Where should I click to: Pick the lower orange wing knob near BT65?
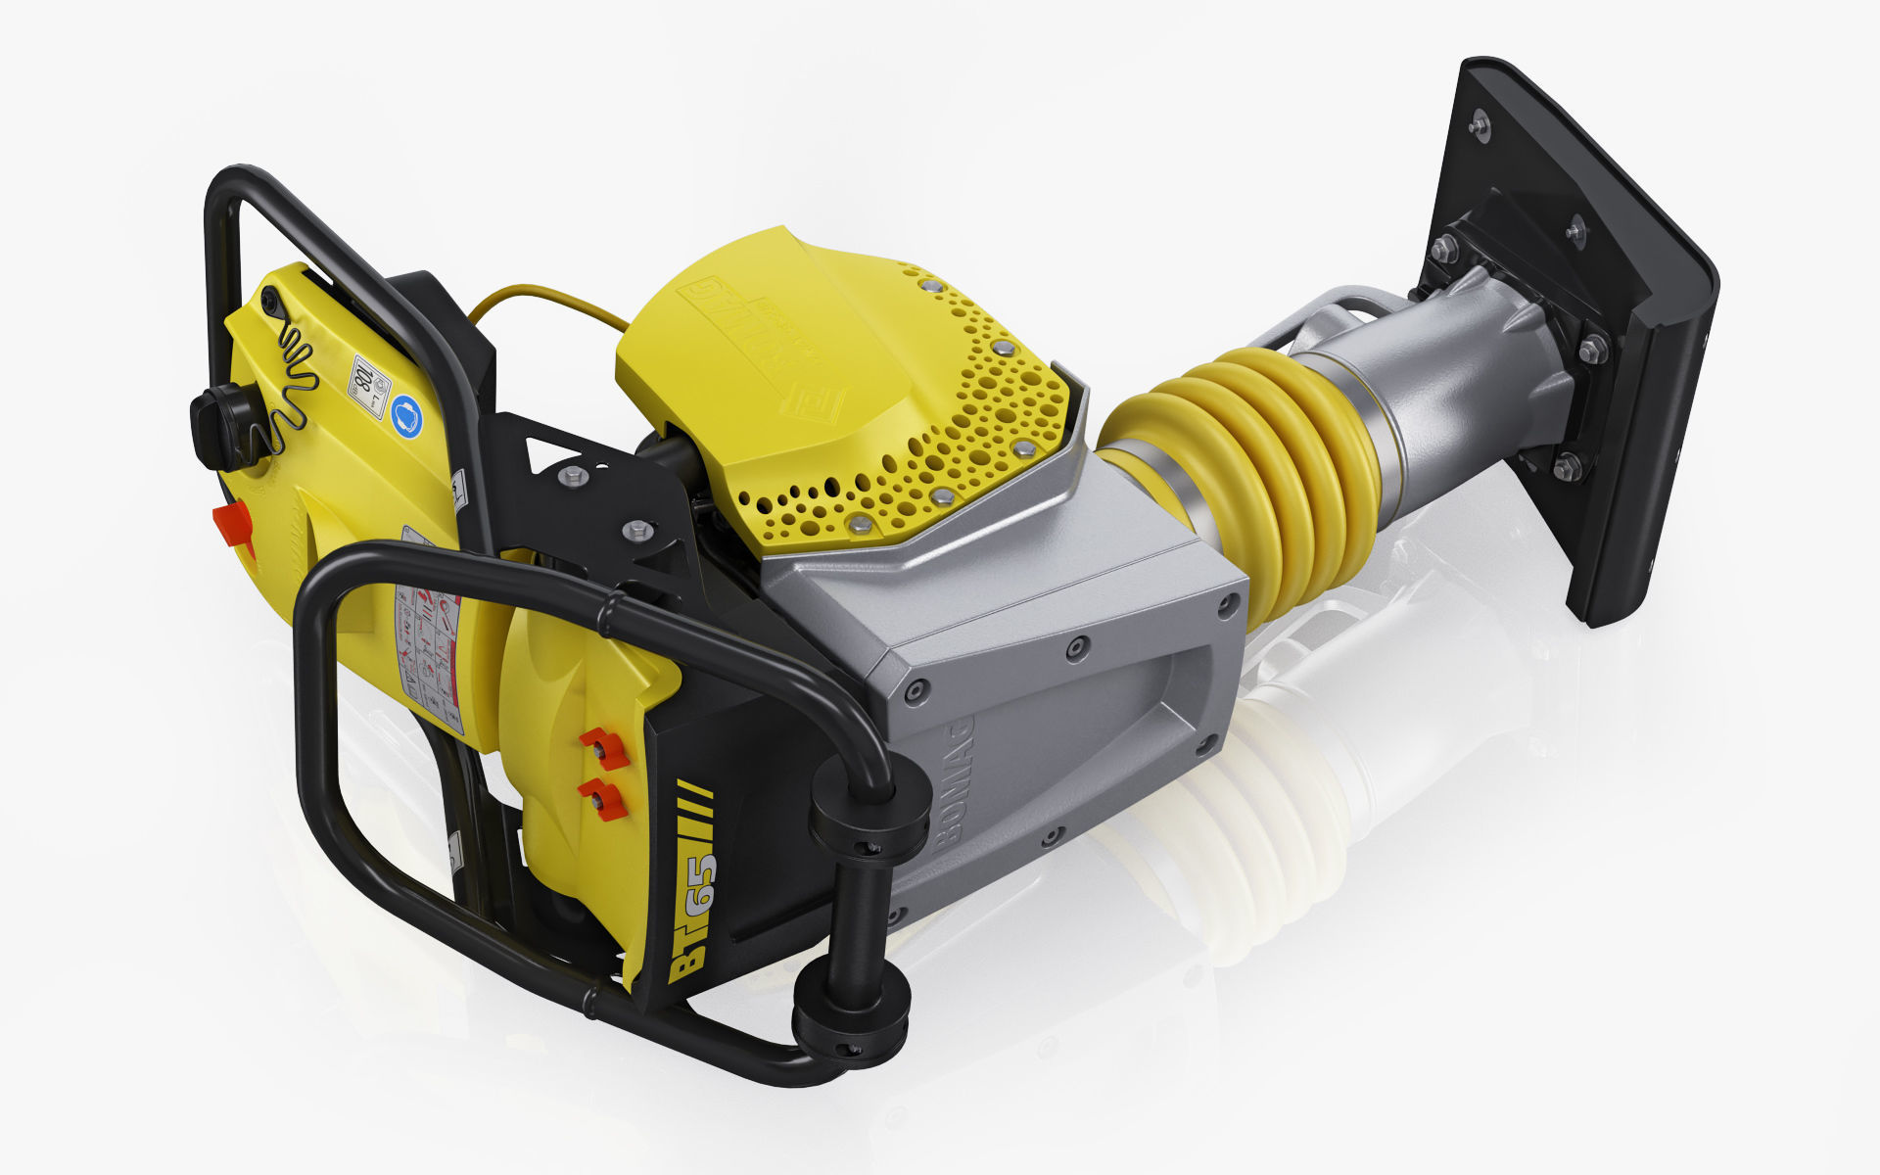[600, 799]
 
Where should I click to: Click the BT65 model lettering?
[693, 916]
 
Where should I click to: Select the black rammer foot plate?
[1606, 323]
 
